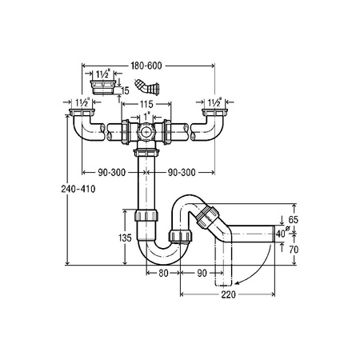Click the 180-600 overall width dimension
point(146,66)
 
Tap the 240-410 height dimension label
point(78,189)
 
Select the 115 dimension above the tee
point(146,104)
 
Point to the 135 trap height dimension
point(125,238)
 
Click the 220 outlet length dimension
point(229,294)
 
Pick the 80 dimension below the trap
point(163,273)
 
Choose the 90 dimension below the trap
point(202,273)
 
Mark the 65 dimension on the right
point(293,220)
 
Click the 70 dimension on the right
point(294,250)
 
